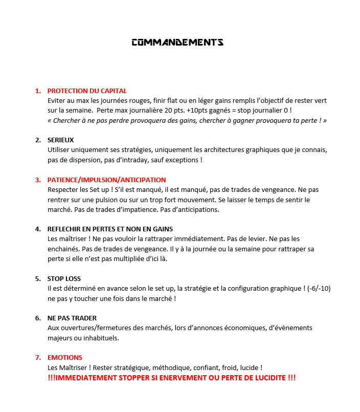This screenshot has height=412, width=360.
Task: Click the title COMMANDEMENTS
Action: (x=177, y=42)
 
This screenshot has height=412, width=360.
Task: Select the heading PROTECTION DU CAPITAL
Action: (x=87, y=91)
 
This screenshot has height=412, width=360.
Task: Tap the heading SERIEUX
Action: (x=61, y=140)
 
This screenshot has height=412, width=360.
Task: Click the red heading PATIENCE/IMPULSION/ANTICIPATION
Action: (x=106, y=180)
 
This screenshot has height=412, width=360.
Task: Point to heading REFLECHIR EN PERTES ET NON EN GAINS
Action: (x=110, y=229)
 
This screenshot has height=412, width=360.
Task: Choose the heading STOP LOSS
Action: (x=64, y=279)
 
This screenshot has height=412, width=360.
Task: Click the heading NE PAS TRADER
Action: (x=72, y=318)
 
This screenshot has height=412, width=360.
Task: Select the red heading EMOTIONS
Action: (x=64, y=358)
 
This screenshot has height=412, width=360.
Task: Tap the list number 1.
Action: (x=38, y=91)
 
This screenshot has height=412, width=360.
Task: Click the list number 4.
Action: (x=38, y=229)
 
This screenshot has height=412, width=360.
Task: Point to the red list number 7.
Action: (x=38, y=358)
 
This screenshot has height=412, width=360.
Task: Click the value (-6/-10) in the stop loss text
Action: (x=319, y=289)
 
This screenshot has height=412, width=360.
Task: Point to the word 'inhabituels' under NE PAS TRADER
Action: (x=103, y=338)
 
